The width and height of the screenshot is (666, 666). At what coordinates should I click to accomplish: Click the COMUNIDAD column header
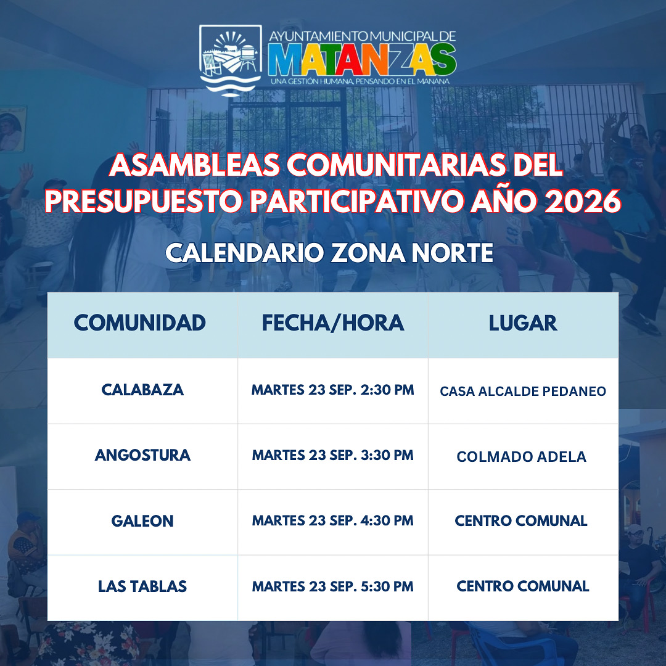pyautogui.click(x=140, y=323)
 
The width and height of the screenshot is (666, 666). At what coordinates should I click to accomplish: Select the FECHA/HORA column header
pyautogui.click(x=332, y=323)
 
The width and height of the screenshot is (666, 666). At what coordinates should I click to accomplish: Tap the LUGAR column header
pyautogui.click(x=522, y=323)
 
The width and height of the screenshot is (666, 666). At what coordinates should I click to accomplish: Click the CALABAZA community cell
pyautogui.click(x=142, y=390)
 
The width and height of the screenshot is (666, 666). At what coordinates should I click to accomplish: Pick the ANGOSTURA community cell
pyautogui.click(x=142, y=455)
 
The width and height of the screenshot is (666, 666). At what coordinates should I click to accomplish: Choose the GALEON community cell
pyautogui.click(x=142, y=520)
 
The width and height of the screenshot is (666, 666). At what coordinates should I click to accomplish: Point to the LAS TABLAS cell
pyautogui.click(x=142, y=586)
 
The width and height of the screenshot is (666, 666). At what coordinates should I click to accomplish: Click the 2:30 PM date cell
pyautogui.click(x=332, y=390)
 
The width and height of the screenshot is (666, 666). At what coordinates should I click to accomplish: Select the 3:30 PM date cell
pyautogui.click(x=332, y=455)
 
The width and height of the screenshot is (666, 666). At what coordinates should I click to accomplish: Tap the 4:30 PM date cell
pyautogui.click(x=332, y=520)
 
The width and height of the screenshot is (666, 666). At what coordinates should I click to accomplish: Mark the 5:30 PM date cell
pyautogui.click(x=332, y=586)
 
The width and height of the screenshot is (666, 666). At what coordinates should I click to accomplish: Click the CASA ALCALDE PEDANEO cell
pyautogui.click(x=523, y=391)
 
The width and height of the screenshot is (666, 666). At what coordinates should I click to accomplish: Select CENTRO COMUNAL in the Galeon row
pyautogui.click(x=521, y=520)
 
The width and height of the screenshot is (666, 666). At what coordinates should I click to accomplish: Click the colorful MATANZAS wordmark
pyautogui.click(x=362, y=59)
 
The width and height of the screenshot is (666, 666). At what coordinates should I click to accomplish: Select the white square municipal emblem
pyautogui.click(x=231, y=59)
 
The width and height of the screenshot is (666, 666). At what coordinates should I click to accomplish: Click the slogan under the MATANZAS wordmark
pyautogui.click(x=360, y=81)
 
